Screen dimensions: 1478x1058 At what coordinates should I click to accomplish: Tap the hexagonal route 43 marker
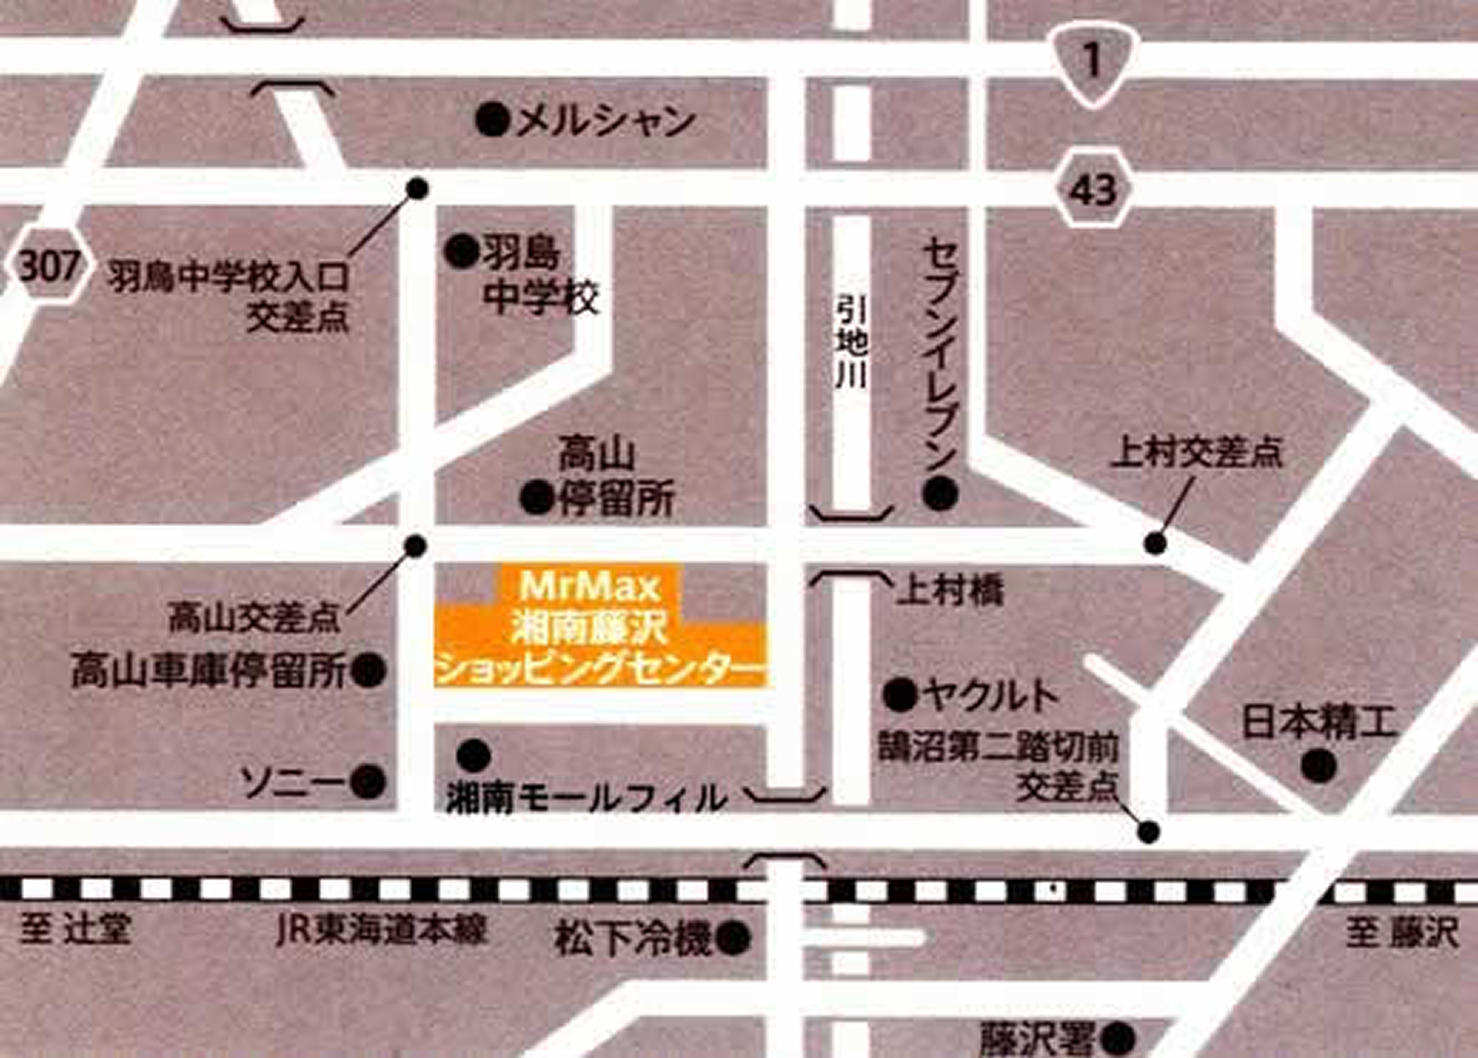pos(1093,190)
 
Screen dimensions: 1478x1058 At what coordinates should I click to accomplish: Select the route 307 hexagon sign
pos(49,266)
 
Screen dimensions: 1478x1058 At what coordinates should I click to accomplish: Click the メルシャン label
pos(605,122)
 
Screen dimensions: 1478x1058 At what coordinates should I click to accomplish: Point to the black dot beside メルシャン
pos(492,122)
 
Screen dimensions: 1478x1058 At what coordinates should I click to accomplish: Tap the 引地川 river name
pos(851,343)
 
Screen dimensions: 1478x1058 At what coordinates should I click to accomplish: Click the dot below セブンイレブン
pos(941,494)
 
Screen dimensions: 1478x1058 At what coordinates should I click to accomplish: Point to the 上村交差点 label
pos(1197,452)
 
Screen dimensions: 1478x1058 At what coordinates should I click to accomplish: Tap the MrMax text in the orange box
pos(589,586)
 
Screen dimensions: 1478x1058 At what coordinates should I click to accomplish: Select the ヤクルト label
pos(991,695)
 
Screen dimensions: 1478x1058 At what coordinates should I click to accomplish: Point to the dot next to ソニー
pos(369,782)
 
